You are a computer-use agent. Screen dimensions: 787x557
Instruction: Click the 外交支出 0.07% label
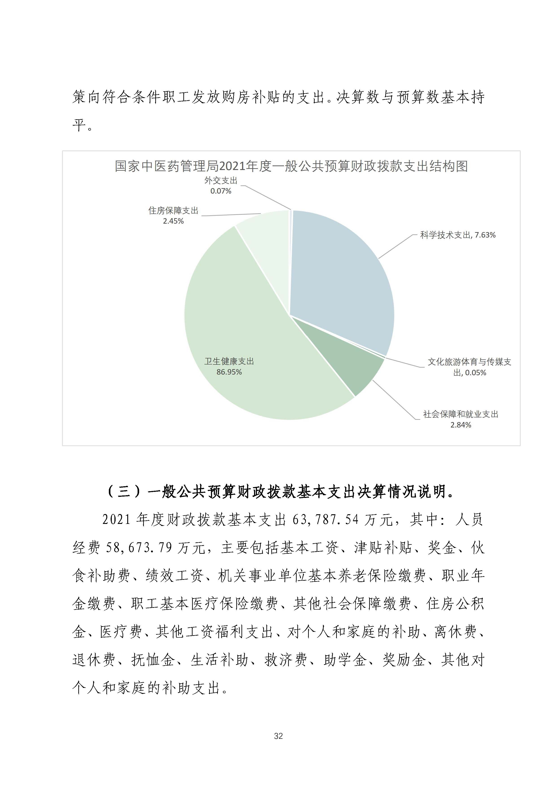click(x=221, y=186)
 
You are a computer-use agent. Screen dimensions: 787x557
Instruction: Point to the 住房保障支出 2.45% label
click(x=173, y=216)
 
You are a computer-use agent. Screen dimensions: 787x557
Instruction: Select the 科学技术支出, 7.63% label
click(x=458, y=235)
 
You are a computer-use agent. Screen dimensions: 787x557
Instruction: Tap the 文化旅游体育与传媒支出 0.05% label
click(x=469, y=367)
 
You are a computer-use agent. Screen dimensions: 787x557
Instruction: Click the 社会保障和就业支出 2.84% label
click(x=460, y=420)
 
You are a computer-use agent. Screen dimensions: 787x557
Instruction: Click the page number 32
click(x=278, y=736)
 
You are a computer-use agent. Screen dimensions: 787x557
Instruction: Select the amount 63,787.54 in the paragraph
click(x=325, y=520)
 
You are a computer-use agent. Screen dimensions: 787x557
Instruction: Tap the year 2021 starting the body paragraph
click(x=117, y=520)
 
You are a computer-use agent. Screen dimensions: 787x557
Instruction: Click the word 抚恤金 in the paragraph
click(x=153, y=660)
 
